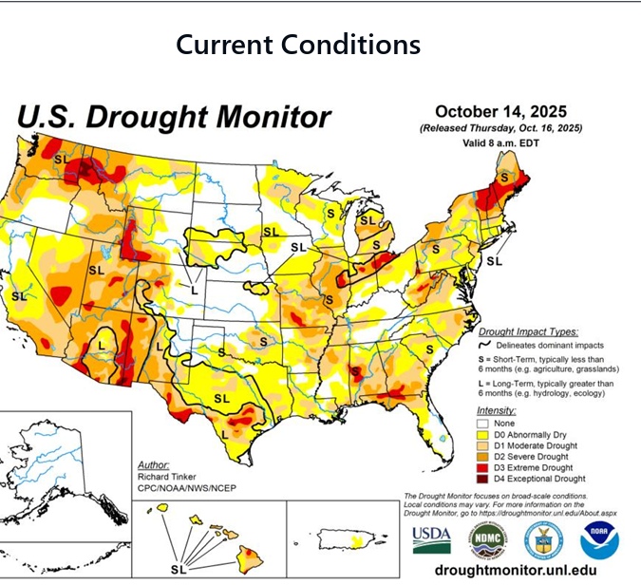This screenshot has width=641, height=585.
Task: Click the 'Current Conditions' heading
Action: click(x=298, y=45)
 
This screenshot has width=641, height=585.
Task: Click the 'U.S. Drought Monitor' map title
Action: click(x=175, y=118)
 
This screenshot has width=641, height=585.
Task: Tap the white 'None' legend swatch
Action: click(x=483, y=423)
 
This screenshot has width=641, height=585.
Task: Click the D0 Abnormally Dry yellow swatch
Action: click(x=483, y=435)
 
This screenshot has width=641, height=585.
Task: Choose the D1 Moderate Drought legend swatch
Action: click(x=483, y=446)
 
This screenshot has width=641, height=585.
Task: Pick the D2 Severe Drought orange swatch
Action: click(x=483, y=457)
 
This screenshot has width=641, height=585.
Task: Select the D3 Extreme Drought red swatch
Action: click(x=483, y=468)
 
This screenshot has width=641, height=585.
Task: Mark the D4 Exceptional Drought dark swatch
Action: click(x=483, y=480)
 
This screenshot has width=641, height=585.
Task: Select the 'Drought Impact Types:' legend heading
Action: click(x=527, y=333)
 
